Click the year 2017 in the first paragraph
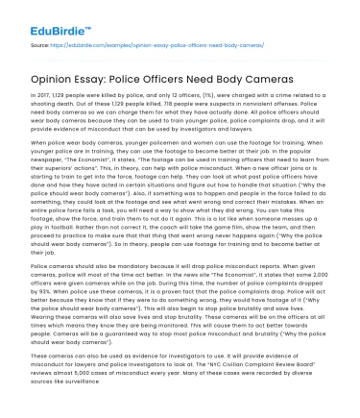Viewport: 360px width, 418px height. tap(46, 99)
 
